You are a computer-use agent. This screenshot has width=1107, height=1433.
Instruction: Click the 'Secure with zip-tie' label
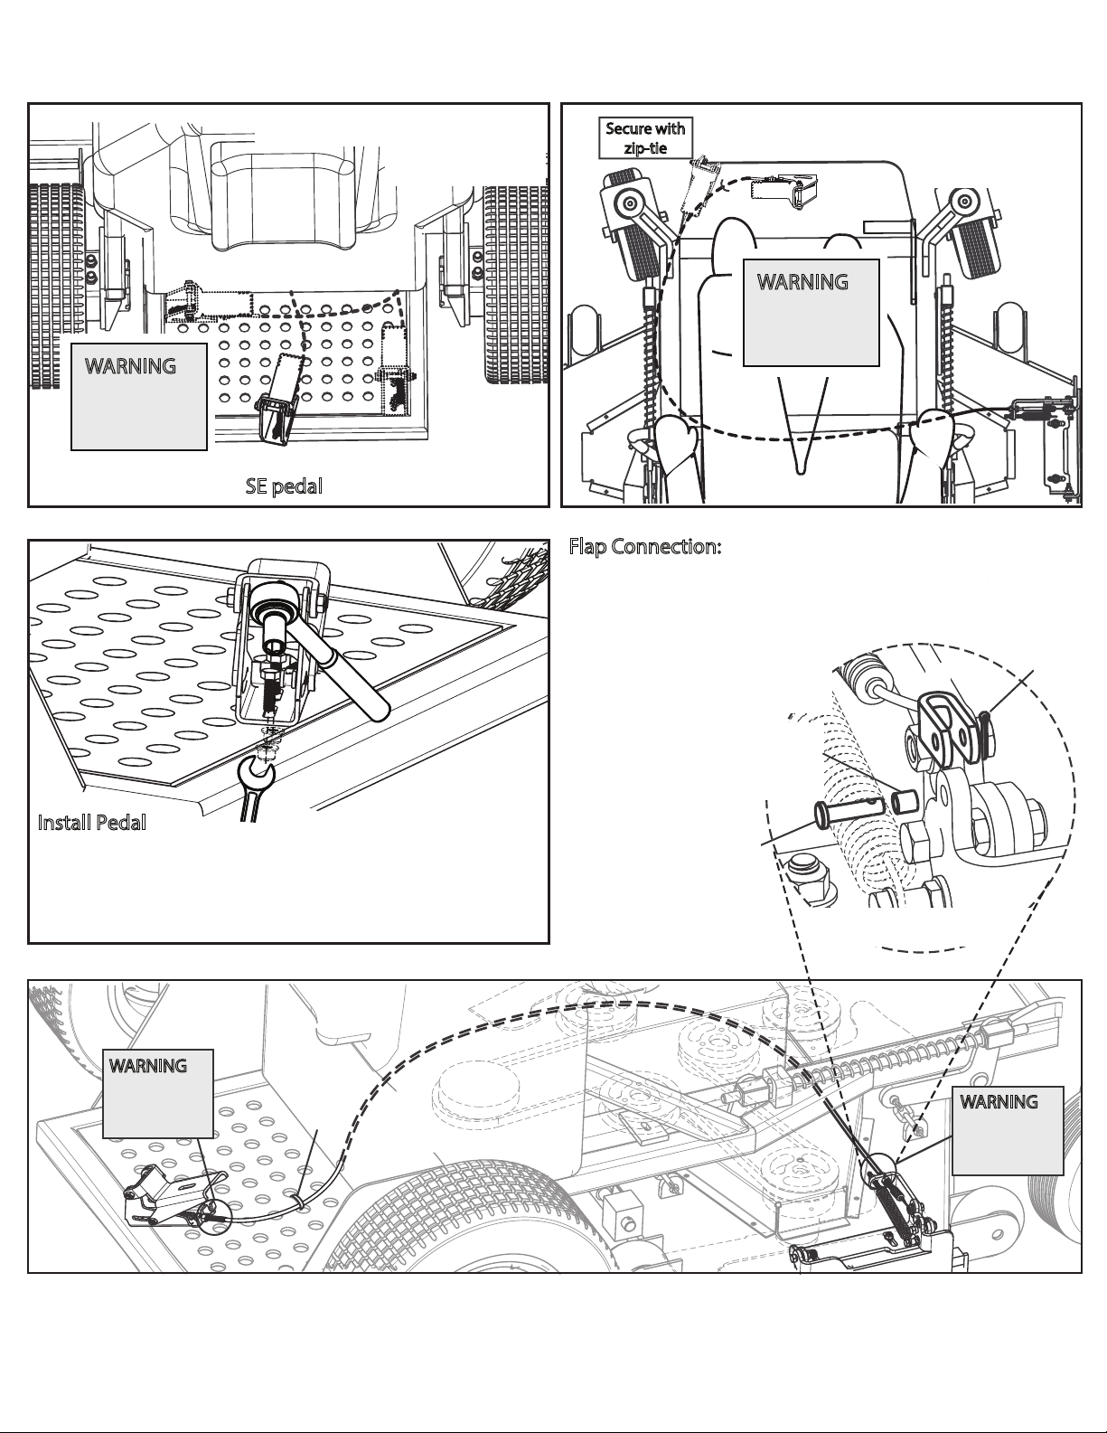(645, 137)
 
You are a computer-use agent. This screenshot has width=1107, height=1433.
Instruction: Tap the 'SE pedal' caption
(284, 486)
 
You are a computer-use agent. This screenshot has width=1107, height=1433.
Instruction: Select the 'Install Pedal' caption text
(91, 823)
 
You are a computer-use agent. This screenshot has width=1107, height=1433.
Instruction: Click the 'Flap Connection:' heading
(645, 547)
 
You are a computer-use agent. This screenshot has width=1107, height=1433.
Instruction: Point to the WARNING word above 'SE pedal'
(130, 366)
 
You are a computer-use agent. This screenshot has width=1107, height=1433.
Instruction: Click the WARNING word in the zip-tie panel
(802, 281)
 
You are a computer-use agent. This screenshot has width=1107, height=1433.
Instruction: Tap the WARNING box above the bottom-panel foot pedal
(158, 1093)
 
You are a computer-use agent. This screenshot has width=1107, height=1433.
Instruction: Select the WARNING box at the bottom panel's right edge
(1008, 1130)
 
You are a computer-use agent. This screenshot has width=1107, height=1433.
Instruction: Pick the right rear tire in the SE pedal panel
(516, 284)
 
